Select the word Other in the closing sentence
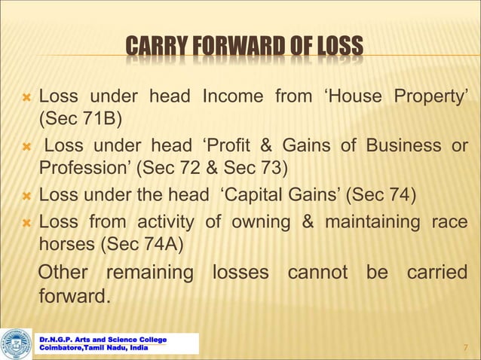coord(63,272)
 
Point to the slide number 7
coord(465,347)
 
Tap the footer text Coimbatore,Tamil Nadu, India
coord(93,348)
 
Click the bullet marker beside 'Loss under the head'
coord(27,195)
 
